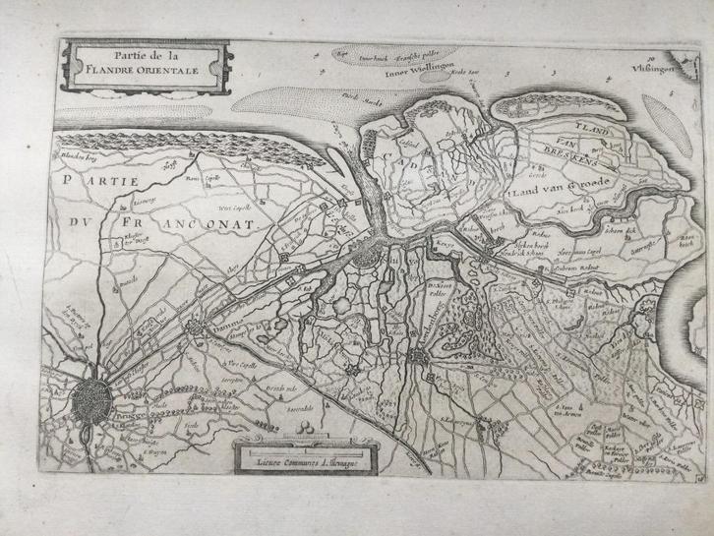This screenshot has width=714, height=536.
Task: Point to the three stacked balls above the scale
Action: (x=307, y=425)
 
